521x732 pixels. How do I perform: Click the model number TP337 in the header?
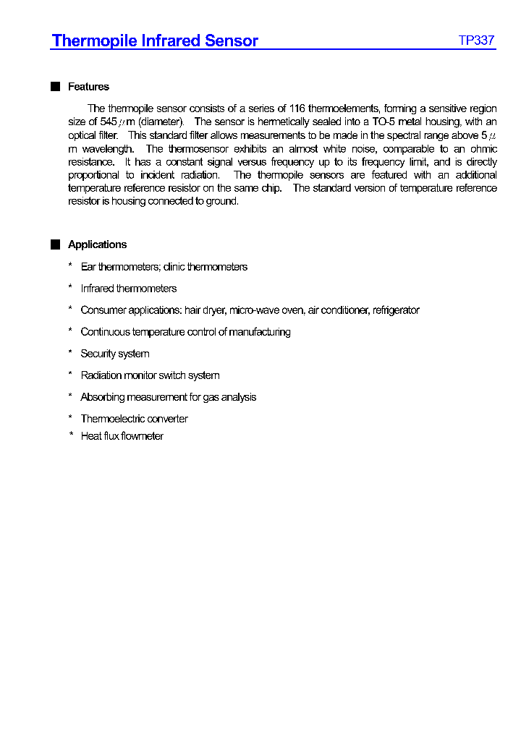[476, 41]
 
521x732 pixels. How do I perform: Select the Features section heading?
[88, 87]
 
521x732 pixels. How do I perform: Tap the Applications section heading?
[97, 244]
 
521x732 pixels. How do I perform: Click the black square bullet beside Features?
[56, 87]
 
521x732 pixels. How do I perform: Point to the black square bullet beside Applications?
[56, 244]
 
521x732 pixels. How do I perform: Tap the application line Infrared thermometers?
[128, 289]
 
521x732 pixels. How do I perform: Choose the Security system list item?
[114, 354]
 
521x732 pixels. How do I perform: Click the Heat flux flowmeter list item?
[122, 436]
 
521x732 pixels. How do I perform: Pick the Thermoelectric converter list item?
[134, 419]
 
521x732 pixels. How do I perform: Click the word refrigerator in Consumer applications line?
[395, 310]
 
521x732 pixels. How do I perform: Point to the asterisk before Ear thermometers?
[70, 267]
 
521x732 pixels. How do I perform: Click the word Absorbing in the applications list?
[102, 397]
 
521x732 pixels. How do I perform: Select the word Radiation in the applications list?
[102, 375]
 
